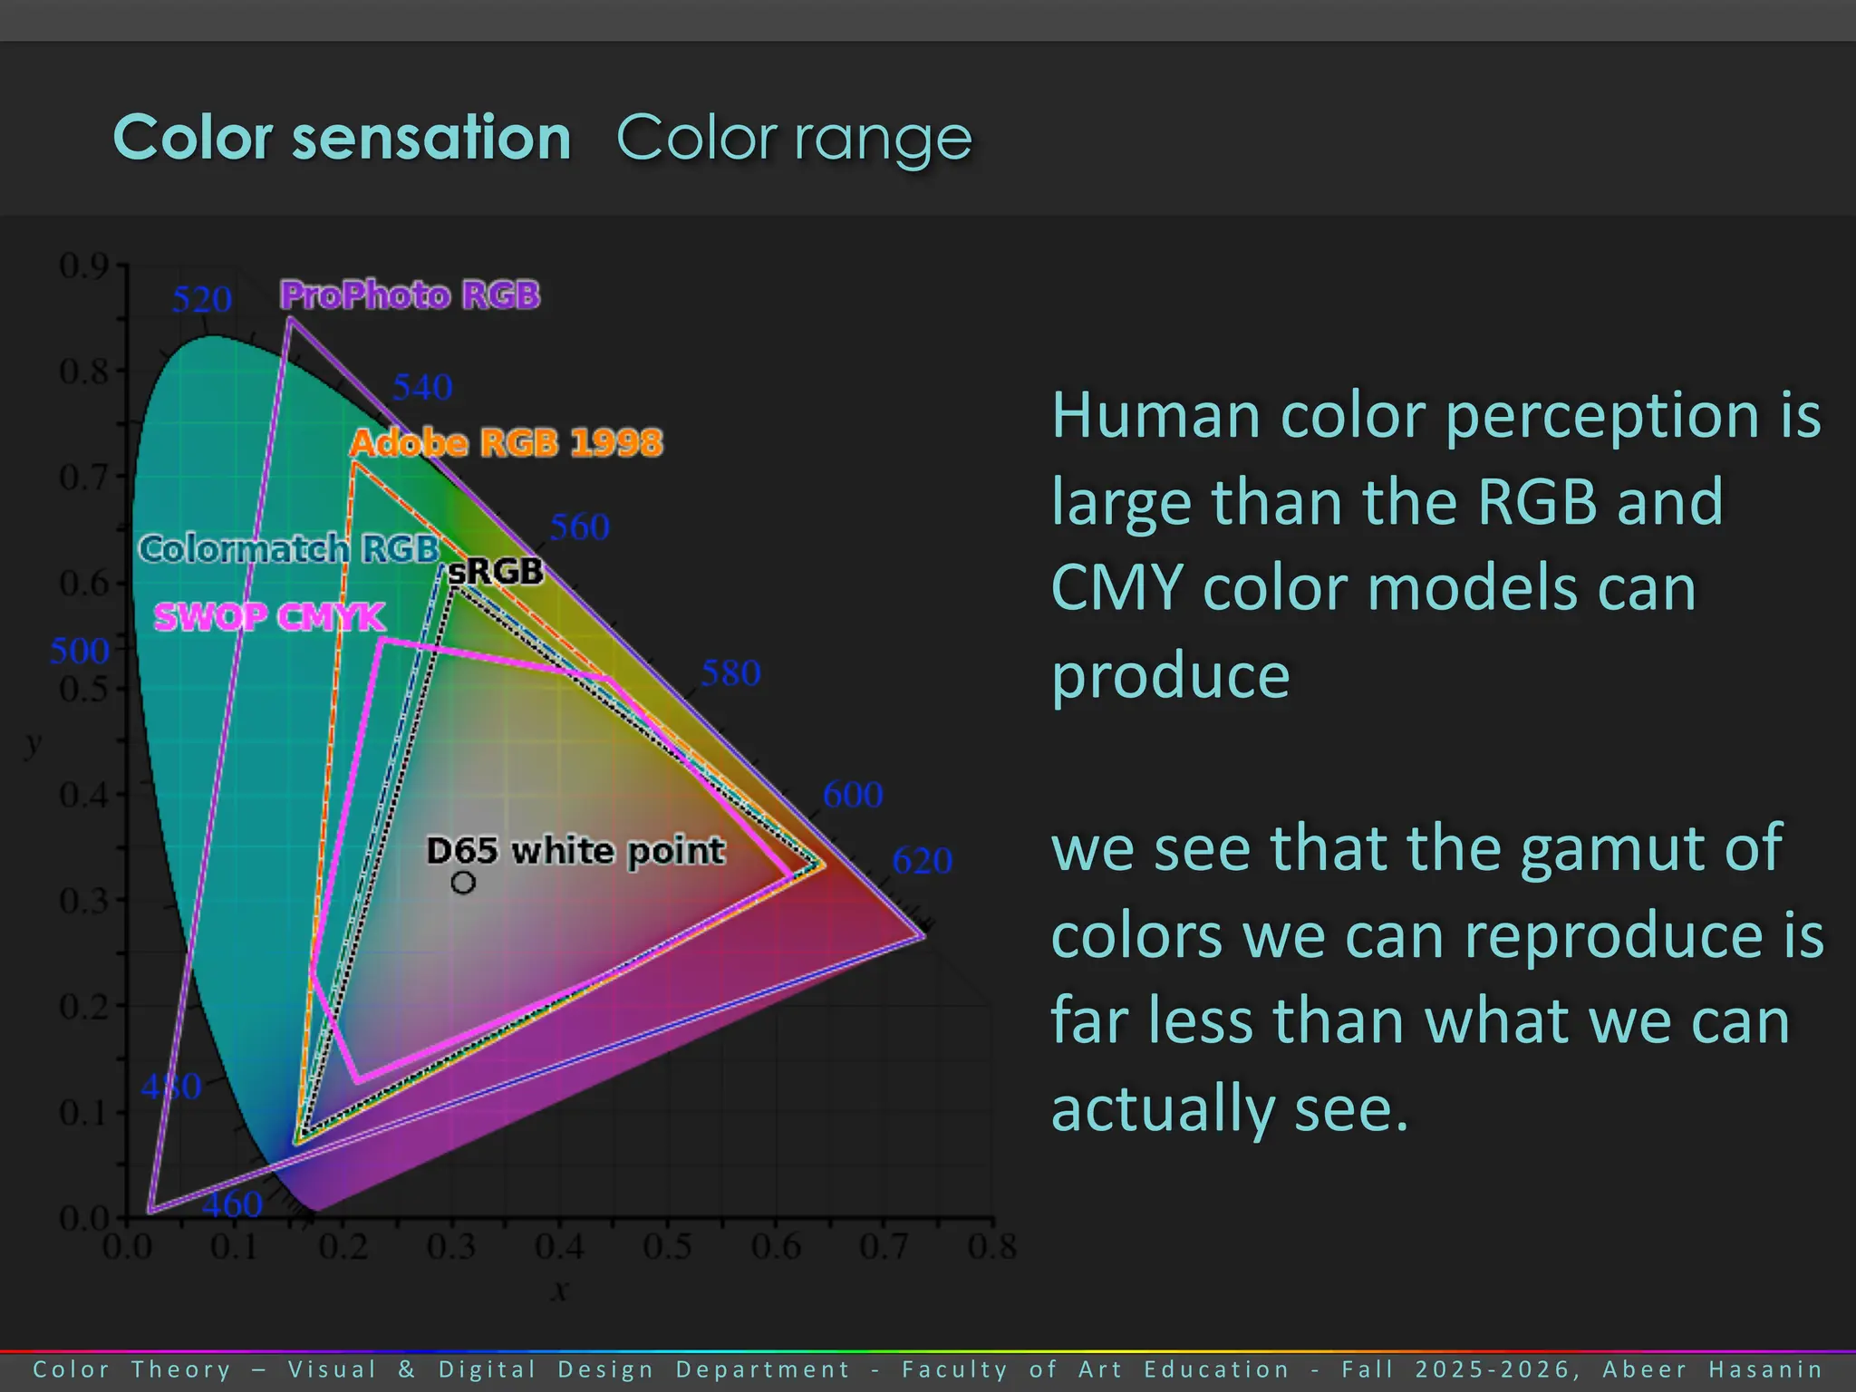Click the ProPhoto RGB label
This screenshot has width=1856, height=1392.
click(x=410, y=295)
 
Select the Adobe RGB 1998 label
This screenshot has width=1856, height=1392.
click(x=507, y=443)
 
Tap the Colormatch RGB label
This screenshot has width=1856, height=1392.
click(x=289, y=549)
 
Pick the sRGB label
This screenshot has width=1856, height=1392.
click(x=496, y=571)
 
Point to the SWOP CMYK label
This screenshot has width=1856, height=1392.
click(x=269, y=617)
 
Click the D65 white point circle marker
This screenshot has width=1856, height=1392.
click(x=463, y=882)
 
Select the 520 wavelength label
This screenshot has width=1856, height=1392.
click(x=202, y=299)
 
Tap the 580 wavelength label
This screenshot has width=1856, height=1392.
click(x=730, y=673)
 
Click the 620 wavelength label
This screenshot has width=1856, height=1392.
click(x=922, y=860)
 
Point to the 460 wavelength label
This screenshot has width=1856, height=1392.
click(x=232, y=1204)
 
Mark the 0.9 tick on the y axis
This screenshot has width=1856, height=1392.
click(x=83, y=266)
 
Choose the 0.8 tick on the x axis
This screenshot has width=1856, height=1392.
click(x=991, y=1247)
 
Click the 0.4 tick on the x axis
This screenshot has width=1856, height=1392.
click(x=559, y=1247)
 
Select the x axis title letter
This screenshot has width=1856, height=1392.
click(x=560, y=1290)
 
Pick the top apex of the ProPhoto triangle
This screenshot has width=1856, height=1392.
click(x=289, y=319)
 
